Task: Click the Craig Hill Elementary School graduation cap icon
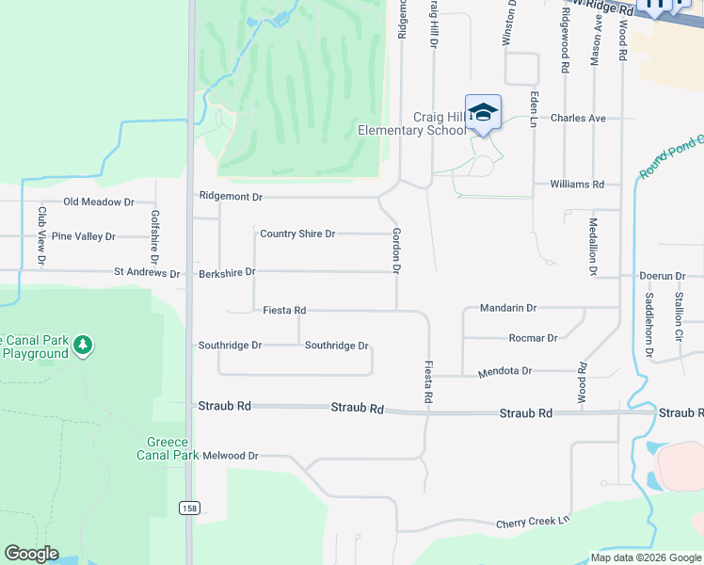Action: (483, 113)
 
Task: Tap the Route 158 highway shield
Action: (190, 508)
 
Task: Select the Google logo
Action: (31, 554)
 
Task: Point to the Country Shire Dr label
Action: (297, 234)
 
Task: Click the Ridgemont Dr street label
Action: (231, 197)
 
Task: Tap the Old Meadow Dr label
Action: (99, 202)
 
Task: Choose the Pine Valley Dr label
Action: (83, 236)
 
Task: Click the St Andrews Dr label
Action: (147, 273)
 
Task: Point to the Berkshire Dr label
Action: (227, 273)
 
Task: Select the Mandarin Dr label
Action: (507, 308)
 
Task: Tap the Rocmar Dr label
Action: (533, 338)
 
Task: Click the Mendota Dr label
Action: (505, 372)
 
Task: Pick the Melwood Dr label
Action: (230, 456)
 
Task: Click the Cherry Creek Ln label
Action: (533, 521)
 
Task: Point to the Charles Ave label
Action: (578, 119)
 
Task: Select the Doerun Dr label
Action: (662, 276)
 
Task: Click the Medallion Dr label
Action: (593, 247)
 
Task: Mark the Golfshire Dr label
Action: (155, 236)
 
